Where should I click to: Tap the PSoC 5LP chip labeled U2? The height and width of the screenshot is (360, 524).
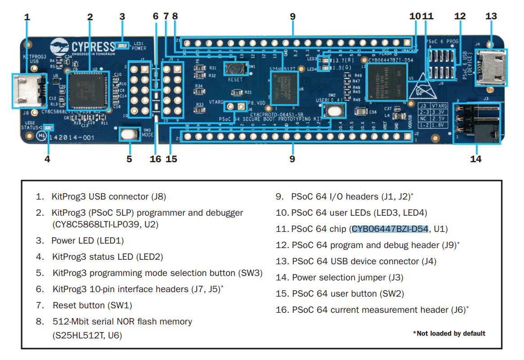pos(88,92)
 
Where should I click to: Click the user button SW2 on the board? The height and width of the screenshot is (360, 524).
pos(333,110)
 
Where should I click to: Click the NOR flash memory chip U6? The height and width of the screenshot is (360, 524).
pos(284,88)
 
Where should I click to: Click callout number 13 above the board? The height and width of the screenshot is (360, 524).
pos(491,17)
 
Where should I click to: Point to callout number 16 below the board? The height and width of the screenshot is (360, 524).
pos(155,159)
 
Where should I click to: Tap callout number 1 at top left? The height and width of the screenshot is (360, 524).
pos(27,17)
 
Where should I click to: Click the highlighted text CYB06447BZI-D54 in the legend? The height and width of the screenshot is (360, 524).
pos(390,229)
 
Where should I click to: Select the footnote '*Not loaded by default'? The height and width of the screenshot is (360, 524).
pos(449,333)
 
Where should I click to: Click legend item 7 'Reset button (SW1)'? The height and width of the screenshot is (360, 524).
pos(92,305)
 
